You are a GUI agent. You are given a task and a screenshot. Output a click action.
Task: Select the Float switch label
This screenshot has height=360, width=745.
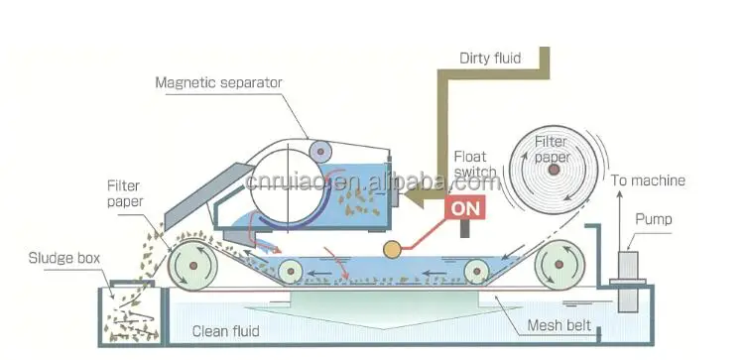[474, 165]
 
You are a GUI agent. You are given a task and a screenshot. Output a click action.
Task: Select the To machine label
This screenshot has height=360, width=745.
[646, 180]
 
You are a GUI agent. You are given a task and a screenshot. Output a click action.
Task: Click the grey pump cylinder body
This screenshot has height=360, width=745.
[626, 268]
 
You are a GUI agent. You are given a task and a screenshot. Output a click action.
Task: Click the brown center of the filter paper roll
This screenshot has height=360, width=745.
[552, 172]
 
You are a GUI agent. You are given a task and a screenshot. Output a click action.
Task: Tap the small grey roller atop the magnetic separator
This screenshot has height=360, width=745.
[319, 151]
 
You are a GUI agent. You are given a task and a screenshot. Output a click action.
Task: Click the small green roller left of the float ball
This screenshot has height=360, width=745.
[290, 270]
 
